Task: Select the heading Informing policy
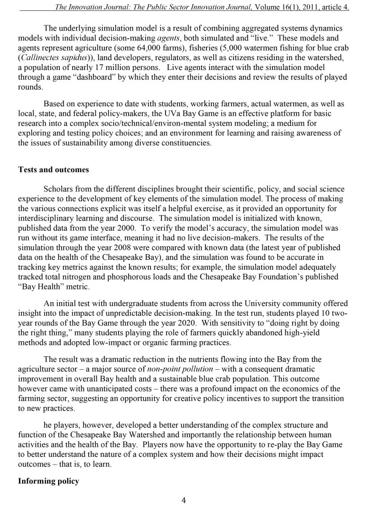48,481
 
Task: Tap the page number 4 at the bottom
184,500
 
